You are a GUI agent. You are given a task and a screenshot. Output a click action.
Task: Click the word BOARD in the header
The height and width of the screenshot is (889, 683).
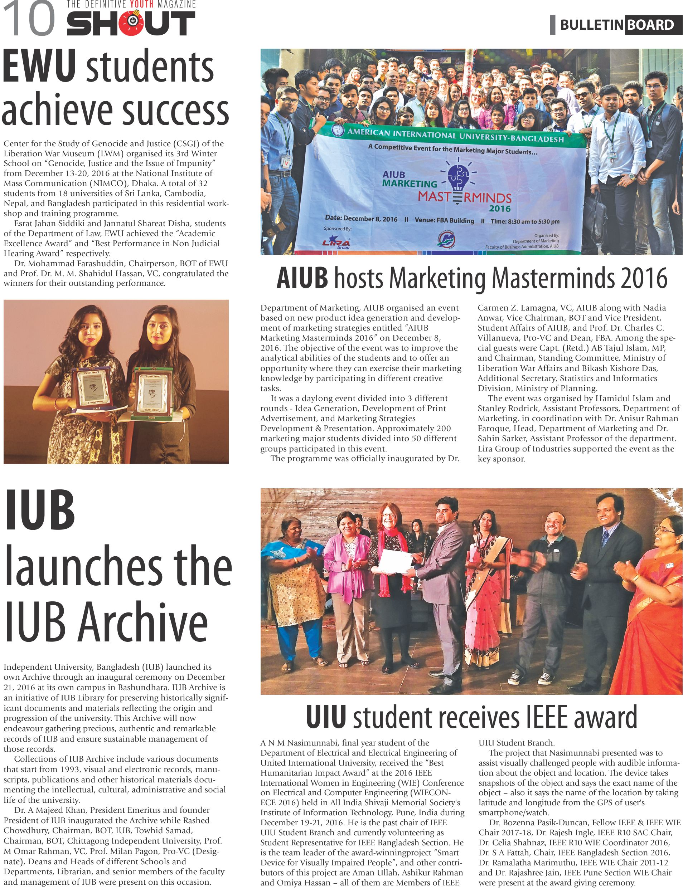tap(650, 25)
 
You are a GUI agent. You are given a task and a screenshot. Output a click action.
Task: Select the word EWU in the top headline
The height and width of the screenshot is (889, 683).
tap(39, 67)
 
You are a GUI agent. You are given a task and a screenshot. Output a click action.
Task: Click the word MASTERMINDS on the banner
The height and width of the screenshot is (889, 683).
tap(464, 197)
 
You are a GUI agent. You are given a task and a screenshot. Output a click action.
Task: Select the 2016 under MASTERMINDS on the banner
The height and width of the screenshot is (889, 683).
tap(500, 209)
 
